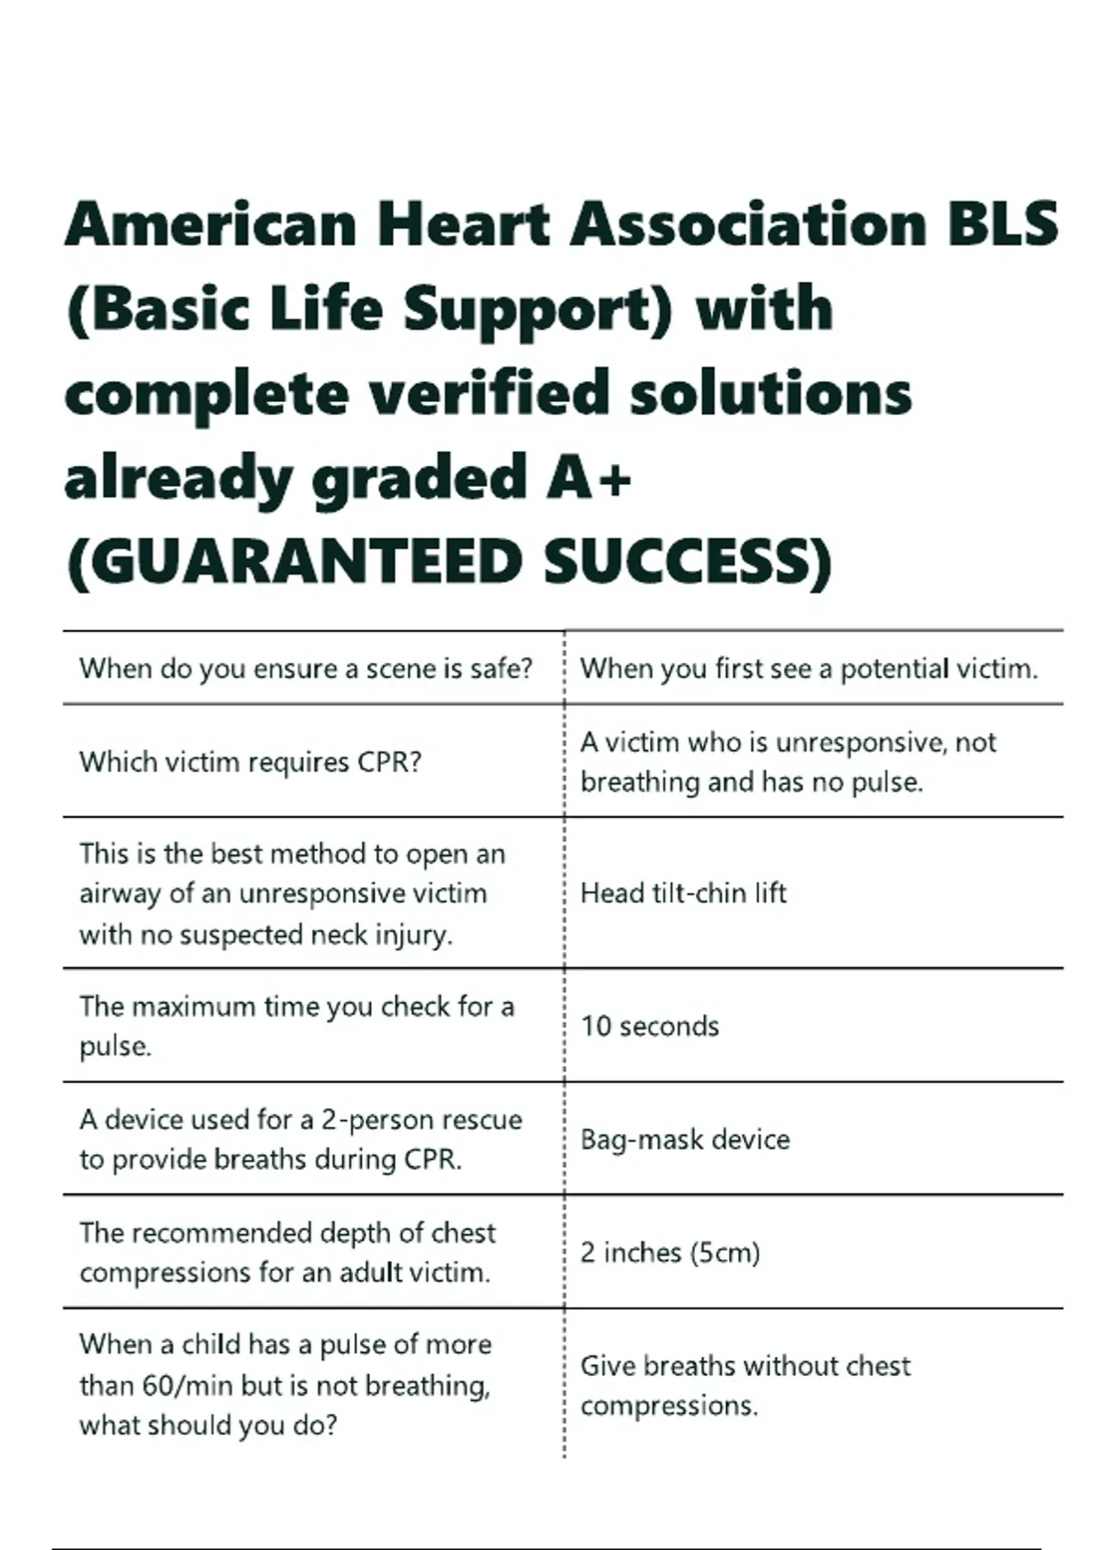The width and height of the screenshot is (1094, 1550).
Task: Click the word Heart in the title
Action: (464, 224)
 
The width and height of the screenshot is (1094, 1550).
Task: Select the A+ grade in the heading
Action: (589, 477)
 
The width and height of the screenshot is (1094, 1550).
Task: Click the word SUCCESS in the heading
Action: (687, 561)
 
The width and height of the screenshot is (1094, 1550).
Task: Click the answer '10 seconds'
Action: (650, 1027)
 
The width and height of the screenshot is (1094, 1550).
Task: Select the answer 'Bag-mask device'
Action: (685, 1140)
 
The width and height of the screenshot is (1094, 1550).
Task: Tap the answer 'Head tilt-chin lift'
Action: (683, 894)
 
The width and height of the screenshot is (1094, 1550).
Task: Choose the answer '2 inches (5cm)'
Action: (670, 1253)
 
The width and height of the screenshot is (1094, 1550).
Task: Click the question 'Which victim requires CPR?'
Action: (251, 762)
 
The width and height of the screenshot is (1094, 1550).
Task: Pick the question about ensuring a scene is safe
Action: (305, 669)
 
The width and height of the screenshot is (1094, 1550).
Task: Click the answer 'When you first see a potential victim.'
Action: (809, 669)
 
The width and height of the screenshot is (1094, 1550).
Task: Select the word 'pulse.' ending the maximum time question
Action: (116, 1047)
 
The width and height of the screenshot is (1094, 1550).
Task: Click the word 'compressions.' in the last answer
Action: (669, 1406)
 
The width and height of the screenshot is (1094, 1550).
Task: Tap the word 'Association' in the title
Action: (748, 224)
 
